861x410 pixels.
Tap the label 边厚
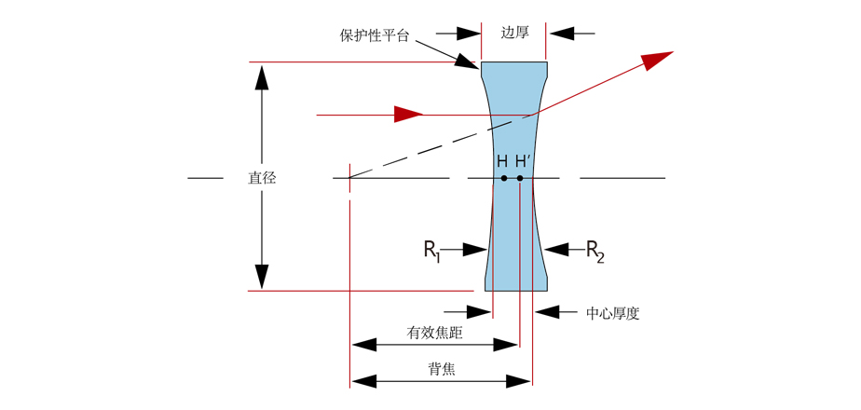coord(514,33)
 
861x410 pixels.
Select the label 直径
coord(262,178)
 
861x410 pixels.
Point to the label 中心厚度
coord(612,313)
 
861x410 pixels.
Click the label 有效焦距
coord(435,332)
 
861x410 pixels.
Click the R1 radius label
coord(432,250)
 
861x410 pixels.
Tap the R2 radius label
coord(594,250)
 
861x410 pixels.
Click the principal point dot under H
coord(503,178)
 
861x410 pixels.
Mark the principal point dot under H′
coord(520,178)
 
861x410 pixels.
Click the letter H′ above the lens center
coord(522,161)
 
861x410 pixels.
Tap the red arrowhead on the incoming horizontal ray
coord(408,115)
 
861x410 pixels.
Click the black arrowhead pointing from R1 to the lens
coord(474,250)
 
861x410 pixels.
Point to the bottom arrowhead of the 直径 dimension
coord(262,277)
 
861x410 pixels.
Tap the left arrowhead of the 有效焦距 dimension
coord(364,345)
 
